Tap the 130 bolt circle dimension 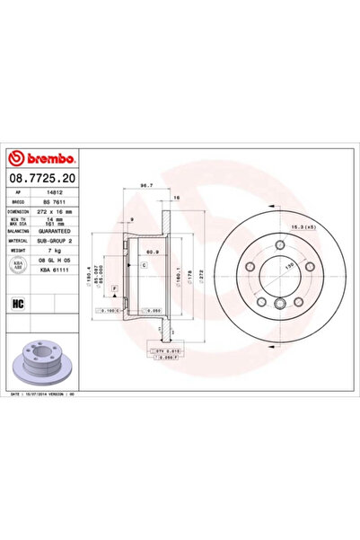289,268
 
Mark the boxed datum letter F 114,287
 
